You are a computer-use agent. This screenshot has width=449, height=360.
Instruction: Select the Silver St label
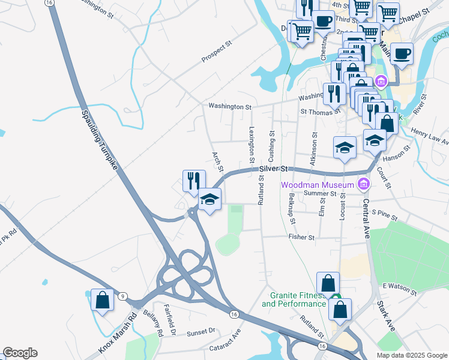coord(274,170)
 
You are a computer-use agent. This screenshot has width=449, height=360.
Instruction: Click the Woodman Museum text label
coord(318,184)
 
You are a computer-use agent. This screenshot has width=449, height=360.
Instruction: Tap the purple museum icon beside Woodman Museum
coord(363,184)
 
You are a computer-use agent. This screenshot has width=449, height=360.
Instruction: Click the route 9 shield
coord(122,296)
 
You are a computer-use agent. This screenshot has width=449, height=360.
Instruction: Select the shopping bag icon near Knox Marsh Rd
coord(102,299)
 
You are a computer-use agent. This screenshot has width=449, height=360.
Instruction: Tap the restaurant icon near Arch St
coord(194,181)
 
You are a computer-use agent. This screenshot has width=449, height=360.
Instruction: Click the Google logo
coord(20,353)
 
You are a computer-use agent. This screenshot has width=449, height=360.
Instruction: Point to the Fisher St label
coord(301,238)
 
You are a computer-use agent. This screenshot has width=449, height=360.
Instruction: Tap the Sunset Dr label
coord(200,332)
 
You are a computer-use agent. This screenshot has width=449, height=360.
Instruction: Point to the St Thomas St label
coord(321,112)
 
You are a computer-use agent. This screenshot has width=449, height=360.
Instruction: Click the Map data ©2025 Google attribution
coord(411,355)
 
